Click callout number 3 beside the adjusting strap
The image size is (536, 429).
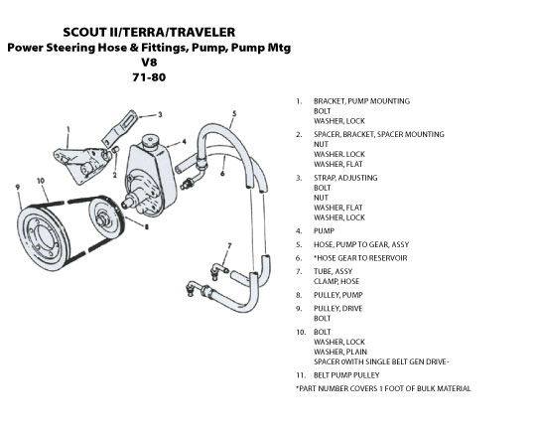coord(160,115)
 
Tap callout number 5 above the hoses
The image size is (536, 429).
coord(234,113)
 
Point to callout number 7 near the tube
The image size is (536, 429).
coord(229,245)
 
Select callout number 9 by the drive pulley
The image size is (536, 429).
coord(18,187)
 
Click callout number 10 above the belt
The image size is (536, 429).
coord(41,181)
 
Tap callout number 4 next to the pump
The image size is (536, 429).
coord(185,142)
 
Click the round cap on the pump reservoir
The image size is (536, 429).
coord(149,141)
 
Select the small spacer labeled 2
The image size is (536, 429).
coord(115,150)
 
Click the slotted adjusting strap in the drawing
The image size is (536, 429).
coord(120,127)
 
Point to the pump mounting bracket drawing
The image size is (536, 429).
coord(82,164)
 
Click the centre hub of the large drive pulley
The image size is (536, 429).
coord(45,236)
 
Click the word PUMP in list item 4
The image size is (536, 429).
coord(324,231)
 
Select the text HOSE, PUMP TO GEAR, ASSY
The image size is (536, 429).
coord(361,244)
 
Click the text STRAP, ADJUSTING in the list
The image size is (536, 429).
coord(345,178)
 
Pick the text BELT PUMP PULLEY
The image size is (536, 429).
coord(346,375)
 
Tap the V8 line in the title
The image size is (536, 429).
coord(149,63)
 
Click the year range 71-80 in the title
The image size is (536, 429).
coord(149,77)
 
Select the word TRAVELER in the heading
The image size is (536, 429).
coord(202,32)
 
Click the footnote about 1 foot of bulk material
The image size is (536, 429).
coord(383,388)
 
